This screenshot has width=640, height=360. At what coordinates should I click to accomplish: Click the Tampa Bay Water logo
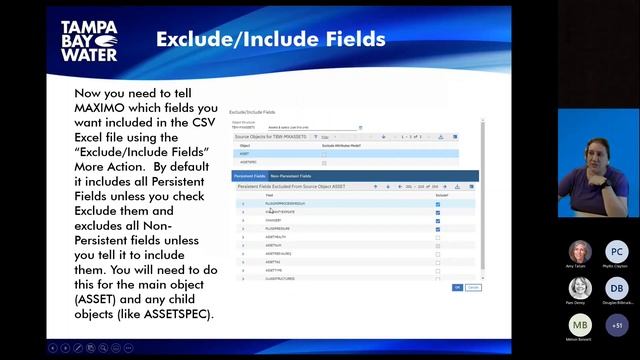point(93,39)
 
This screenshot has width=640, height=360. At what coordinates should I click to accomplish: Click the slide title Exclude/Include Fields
point(270,39)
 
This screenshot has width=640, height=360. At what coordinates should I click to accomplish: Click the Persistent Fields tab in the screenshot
point(249,176)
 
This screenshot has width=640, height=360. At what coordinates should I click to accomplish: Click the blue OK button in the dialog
point(457,287)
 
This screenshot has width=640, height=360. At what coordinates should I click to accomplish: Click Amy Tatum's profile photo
point(580,252)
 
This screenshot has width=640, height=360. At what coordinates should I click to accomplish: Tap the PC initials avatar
point(616,252)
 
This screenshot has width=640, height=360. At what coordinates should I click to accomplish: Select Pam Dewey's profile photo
point(580,289)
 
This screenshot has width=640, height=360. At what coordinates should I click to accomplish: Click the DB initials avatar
point(616,289)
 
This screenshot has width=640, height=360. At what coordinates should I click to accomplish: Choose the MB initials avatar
point(580,326)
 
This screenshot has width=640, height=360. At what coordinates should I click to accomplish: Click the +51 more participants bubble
point(616,326)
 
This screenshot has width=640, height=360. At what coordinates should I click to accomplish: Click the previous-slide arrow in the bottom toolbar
point(53,347)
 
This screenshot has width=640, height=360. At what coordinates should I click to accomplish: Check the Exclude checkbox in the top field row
point(438,203)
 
